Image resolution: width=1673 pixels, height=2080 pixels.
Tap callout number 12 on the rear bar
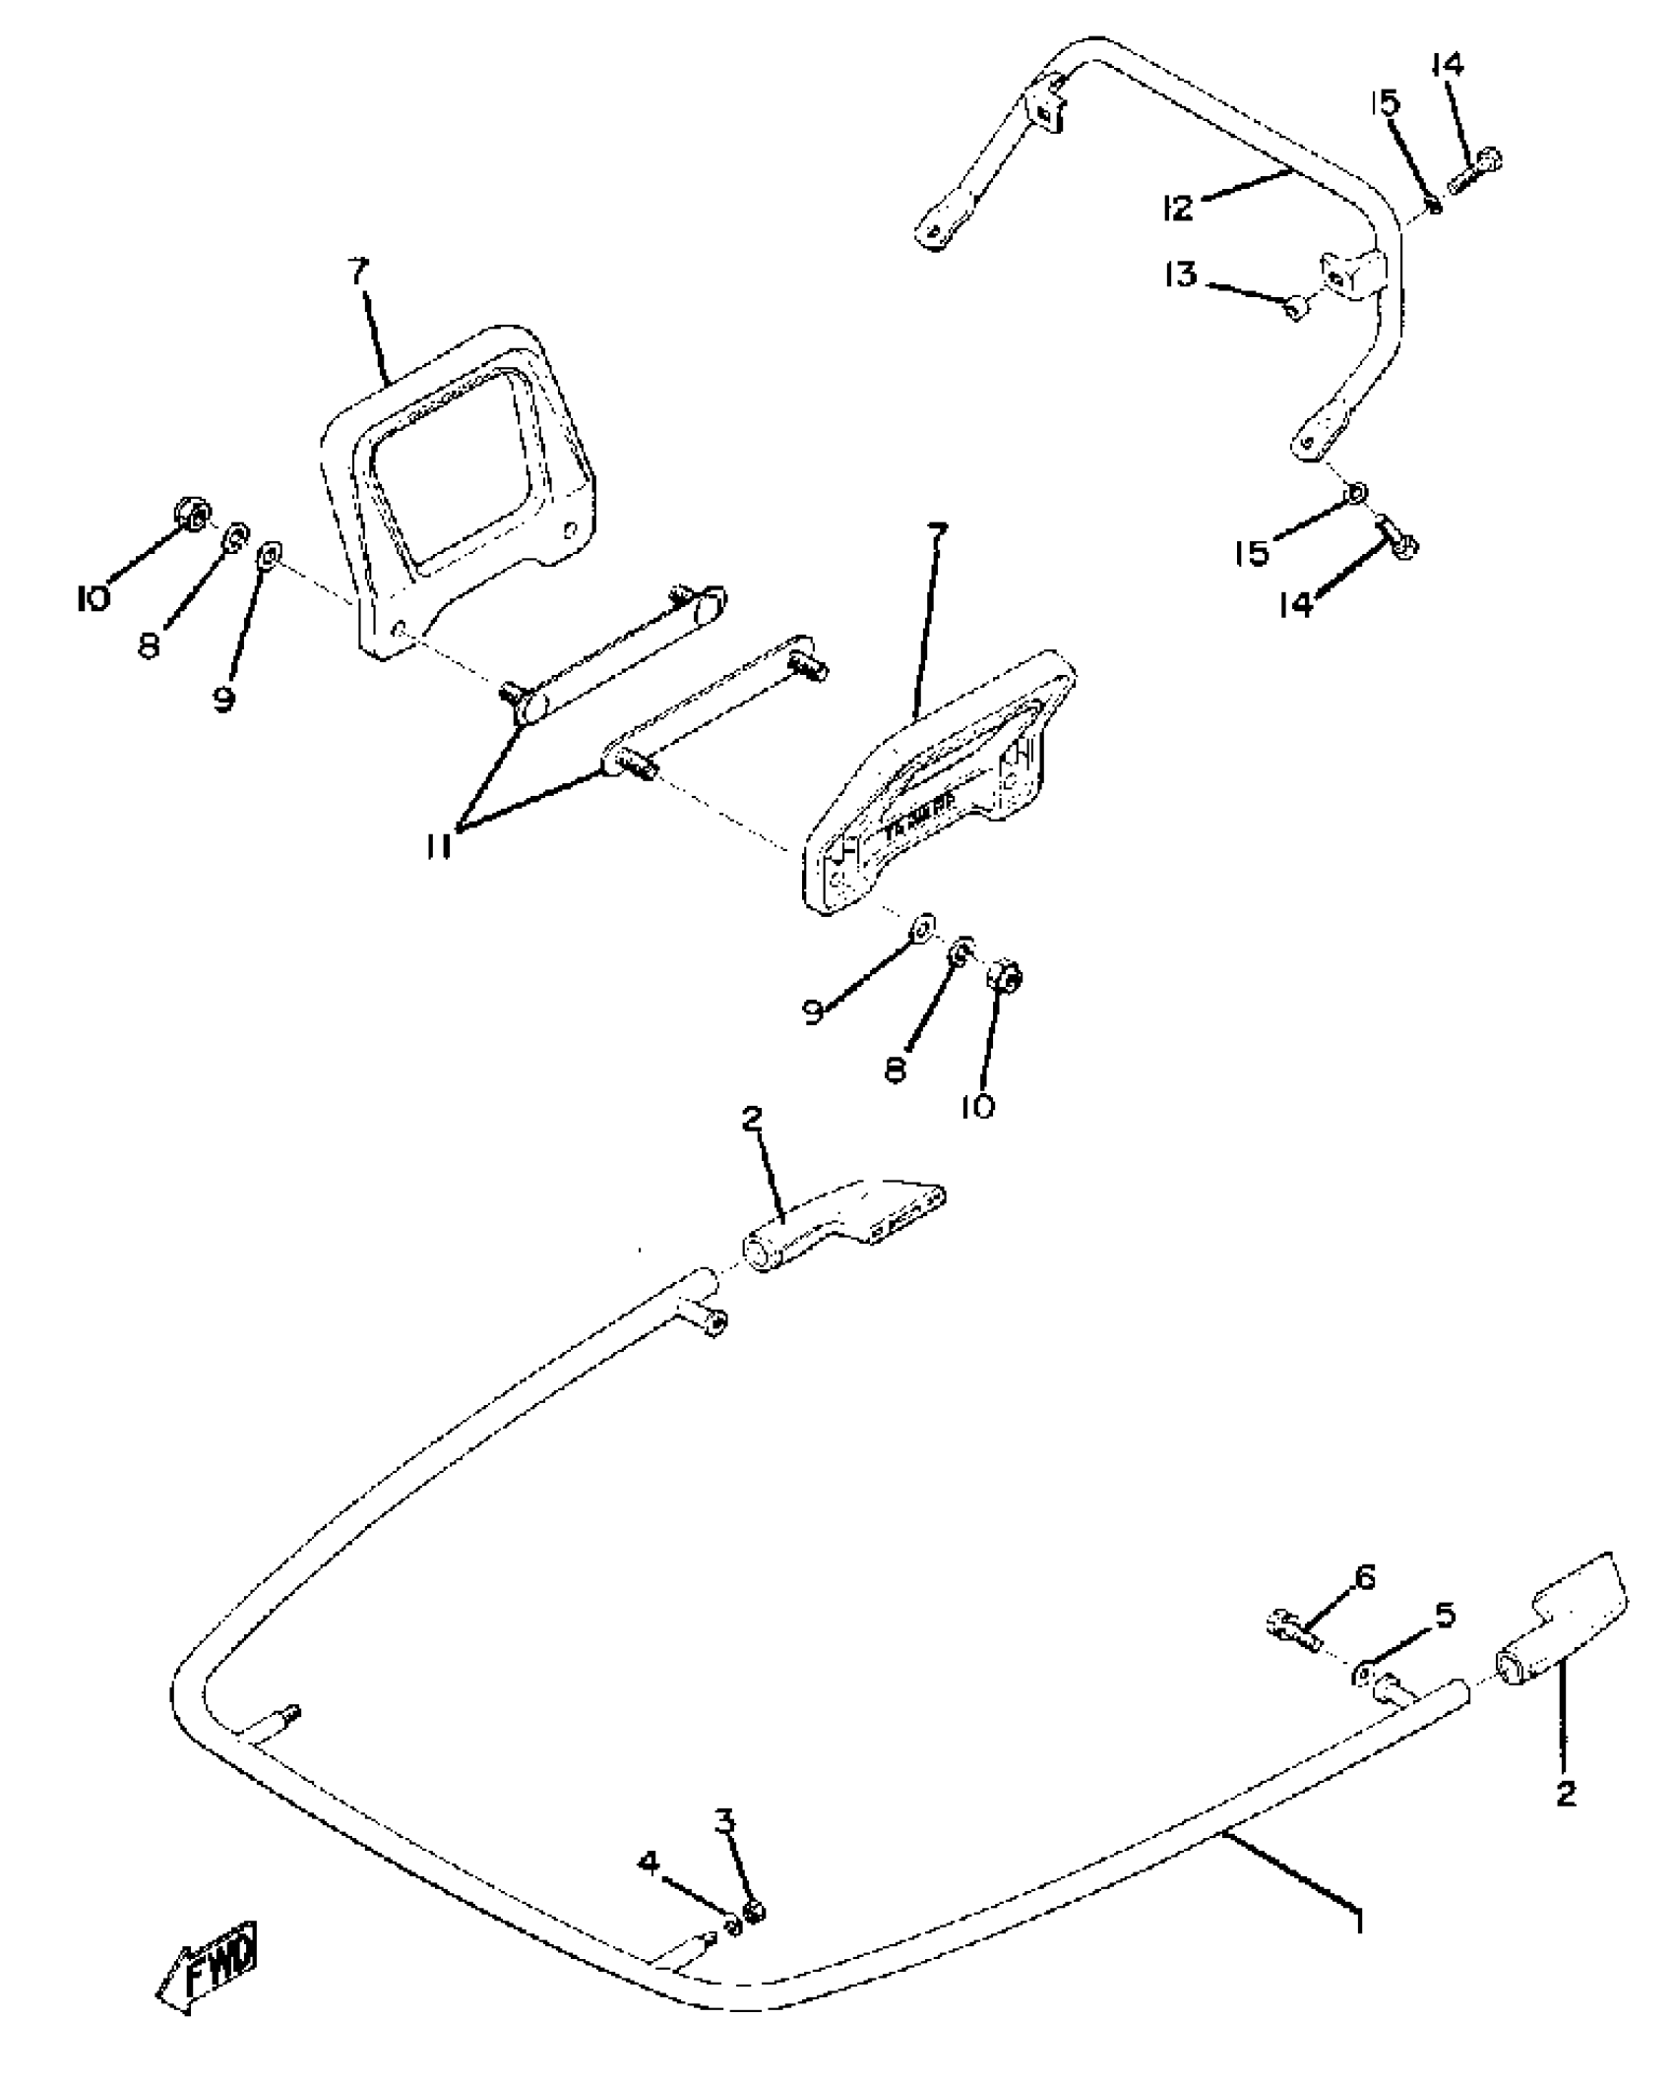[x=1177, y=207]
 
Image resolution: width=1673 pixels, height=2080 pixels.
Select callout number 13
[x=1180, y=274]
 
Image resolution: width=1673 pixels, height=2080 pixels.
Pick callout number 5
[x=1444, y=1615]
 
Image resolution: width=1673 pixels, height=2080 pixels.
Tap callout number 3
[x=724, y=1821]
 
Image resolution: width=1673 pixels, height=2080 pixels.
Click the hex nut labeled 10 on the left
[x=191, y=512]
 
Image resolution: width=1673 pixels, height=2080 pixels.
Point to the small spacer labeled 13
[x=1294, y=308]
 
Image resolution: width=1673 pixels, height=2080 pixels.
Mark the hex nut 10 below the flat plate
[x=1006, y=975]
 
